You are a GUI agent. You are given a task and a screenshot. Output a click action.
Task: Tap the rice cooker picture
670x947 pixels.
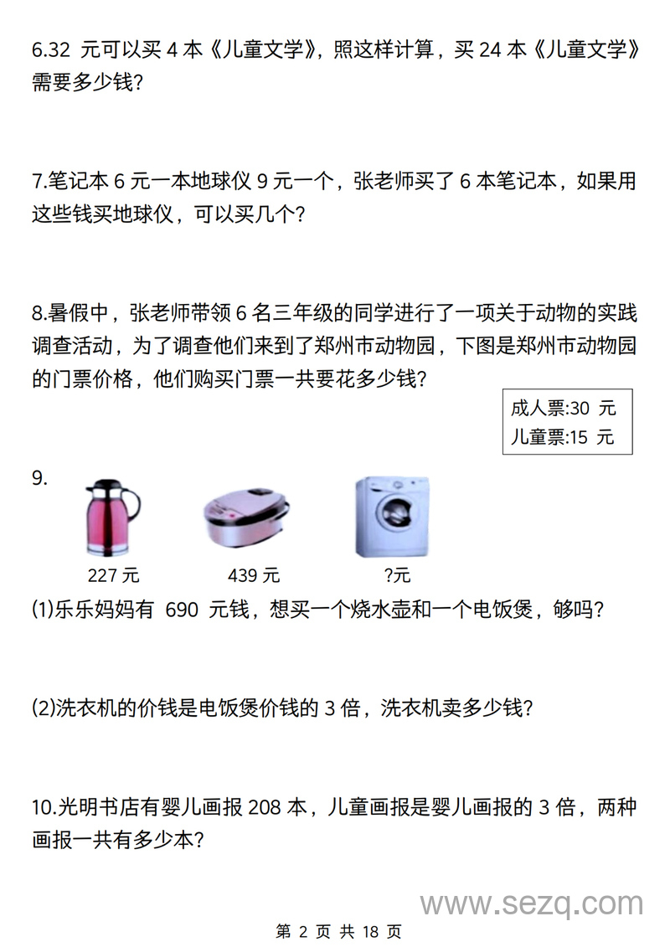pyautogui.click(x=245, y=520)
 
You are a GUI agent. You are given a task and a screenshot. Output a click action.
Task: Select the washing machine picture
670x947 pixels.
pyautogui.click(x=392, y=517)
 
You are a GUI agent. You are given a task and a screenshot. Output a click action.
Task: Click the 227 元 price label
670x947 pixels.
pyautogui.click(x=113, y=575)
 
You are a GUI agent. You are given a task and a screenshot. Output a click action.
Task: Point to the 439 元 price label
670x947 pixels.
pyautogui.click(x=254, y=575)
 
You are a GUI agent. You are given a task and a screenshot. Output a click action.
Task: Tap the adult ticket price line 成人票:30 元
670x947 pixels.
pyautogui.click(x=563, y=409)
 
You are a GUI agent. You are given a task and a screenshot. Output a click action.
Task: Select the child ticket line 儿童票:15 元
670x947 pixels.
pyautogui.click(x=562, y=437)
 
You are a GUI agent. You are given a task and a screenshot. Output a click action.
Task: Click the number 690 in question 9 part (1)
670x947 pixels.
pyautogui.click(x=182, y=610)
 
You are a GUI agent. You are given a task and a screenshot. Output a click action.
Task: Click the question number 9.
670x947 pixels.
pyautogui.click(x=39, y=479)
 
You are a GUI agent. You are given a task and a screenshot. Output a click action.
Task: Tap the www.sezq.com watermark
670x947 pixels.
pyautogui.click(x=532, y=904)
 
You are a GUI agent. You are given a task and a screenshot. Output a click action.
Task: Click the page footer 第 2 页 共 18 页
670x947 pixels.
pyautogui.click(x=338, y=931)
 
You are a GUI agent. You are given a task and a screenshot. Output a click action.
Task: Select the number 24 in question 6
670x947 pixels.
pyautogui.click(x=490, y=50)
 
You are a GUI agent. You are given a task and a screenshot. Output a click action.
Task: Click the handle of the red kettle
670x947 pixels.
pyautogui.click(x=131, y=507)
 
